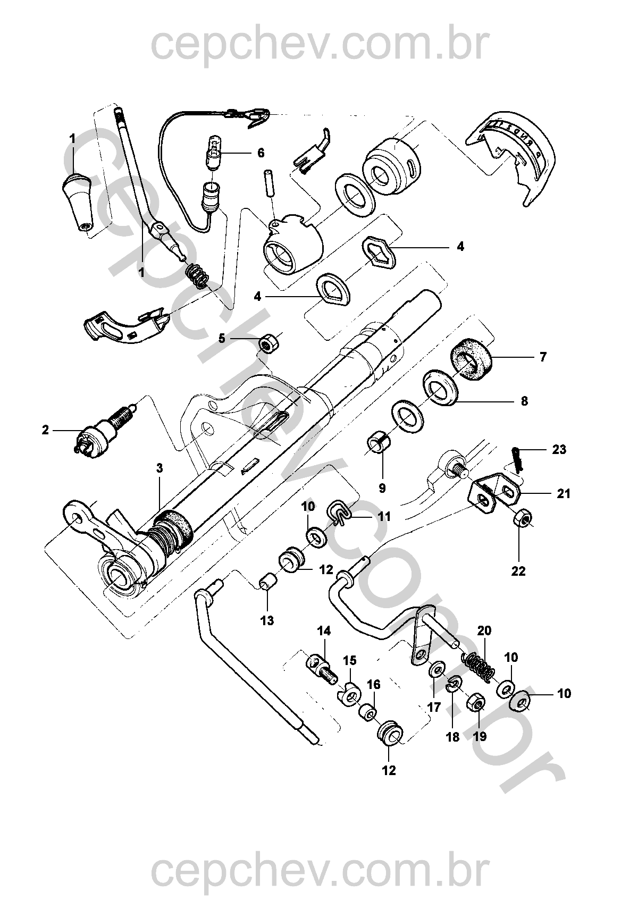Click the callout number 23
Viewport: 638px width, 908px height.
tap(559, 450)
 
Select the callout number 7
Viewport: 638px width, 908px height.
tap(542, 357)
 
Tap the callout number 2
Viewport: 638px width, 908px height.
tap(45, 430)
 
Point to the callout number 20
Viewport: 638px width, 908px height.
tap(484, 631)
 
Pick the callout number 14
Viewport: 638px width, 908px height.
tap(324, 631)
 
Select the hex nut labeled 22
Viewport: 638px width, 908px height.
tap(522, 518)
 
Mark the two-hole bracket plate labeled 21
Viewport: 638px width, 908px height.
tap(494, 490)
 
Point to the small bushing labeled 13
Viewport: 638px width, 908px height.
tap(266, 581)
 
